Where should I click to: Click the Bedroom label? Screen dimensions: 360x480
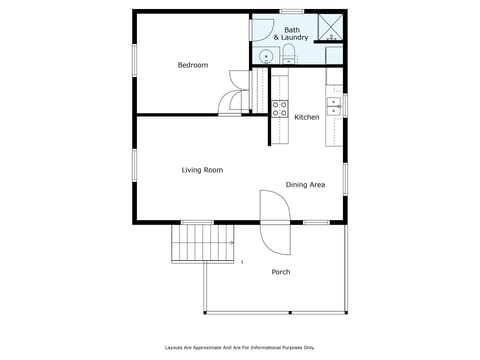192,65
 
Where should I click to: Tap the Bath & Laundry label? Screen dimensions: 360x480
291,34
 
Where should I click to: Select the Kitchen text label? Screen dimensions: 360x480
307,117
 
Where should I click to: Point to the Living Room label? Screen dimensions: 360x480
202,170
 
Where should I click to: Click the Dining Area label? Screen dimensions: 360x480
305,185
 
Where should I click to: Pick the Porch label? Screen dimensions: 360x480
281,272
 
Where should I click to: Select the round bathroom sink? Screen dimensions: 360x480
266,56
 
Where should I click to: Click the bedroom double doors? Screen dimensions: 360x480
236,92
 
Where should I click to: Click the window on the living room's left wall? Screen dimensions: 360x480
135,166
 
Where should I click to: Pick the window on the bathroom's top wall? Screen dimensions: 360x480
292,11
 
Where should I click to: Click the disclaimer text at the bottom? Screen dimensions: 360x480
240,347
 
